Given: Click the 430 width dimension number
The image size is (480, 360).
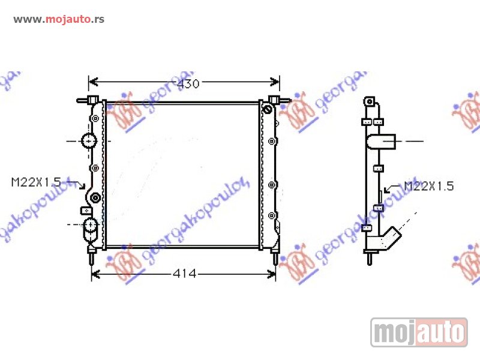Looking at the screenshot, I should tap(188, 83).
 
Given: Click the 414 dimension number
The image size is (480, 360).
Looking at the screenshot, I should tap(184, 274).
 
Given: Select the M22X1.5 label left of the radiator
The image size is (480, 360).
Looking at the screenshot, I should tap(36, 182).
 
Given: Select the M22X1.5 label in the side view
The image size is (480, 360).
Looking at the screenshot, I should tap(428, 186).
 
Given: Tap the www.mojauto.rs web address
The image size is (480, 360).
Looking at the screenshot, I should tap(59, 19).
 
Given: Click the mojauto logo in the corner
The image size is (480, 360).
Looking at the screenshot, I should tap(419, 332).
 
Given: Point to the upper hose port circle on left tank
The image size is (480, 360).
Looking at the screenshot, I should tap(89, 141).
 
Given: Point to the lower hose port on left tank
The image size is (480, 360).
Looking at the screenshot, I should tap(90, 226).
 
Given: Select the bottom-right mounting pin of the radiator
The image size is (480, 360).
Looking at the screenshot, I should tap(276, 258).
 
